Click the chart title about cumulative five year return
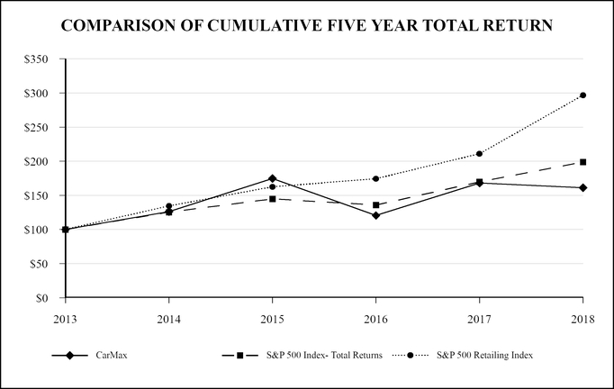307,27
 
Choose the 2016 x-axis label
375,318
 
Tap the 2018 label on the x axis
582,318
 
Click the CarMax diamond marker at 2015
273,178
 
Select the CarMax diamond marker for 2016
376,215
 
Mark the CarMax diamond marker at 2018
583,187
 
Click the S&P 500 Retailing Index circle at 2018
583,95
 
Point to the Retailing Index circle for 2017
480,154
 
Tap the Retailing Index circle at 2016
376,178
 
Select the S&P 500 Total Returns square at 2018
583,162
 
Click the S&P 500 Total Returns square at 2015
273,199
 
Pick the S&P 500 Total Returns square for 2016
376,205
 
